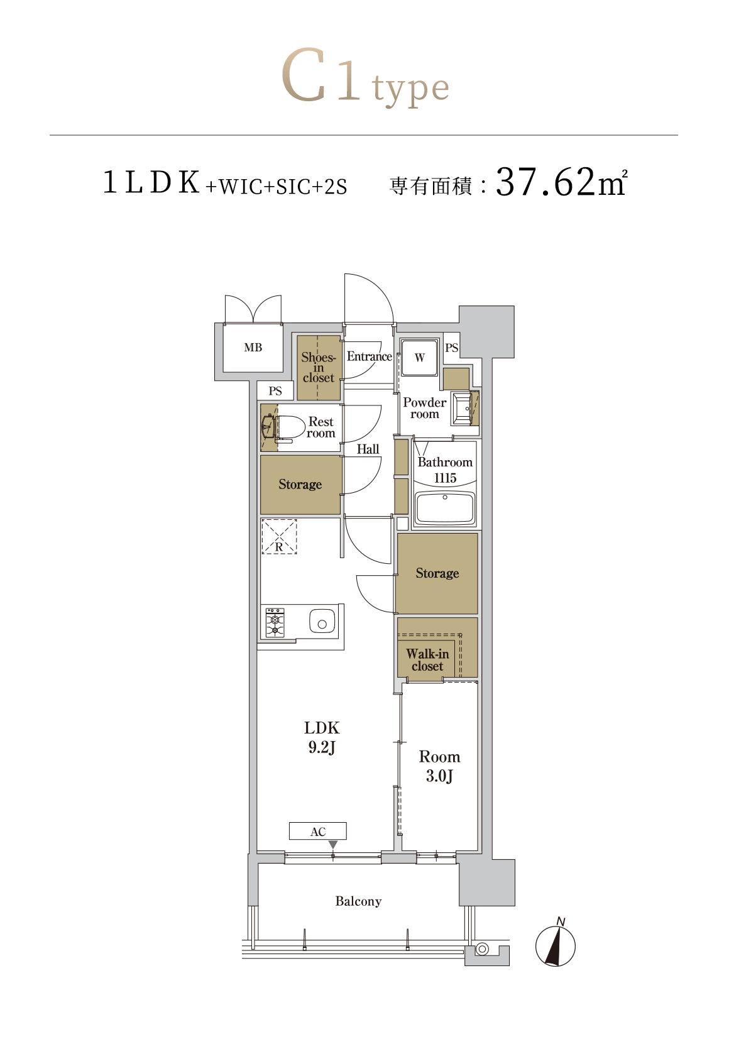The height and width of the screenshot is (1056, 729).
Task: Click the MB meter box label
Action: tap(253, 348)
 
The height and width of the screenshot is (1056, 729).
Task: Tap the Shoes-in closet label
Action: tap(319, 368)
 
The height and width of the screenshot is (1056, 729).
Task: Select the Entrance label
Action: tap(369, 356)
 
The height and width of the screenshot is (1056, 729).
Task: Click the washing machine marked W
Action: tap(419, 357)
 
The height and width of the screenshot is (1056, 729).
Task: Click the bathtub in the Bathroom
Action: tap(445, 508)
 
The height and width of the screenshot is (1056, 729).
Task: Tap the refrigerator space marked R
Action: tap(279, 537)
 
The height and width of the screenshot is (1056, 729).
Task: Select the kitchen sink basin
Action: tap(322, 621)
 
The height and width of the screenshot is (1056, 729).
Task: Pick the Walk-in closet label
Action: tap(427, 660)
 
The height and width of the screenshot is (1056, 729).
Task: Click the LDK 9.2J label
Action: tap(322, 737)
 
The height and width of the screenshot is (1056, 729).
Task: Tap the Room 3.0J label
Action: tap(439, 766)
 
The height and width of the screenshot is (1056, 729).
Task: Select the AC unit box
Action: tap(317, 831)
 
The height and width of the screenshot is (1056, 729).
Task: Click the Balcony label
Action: tap(358, 901)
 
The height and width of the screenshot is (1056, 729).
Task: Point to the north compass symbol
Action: tap(556, 944)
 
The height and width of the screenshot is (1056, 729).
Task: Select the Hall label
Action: tap(368, 449)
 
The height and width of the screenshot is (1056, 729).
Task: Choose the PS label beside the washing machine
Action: tap(451, 348)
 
